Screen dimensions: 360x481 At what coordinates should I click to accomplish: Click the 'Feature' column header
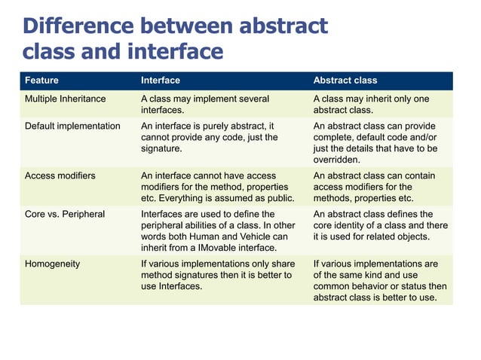[x=41, y=80]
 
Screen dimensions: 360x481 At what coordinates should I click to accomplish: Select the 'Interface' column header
[x=161, y=80]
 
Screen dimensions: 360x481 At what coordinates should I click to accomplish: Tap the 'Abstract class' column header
[x=345, y=80]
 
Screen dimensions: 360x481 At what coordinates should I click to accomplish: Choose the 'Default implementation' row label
[x=72, y=126]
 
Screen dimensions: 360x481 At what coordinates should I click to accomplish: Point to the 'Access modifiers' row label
[x=60, y=175]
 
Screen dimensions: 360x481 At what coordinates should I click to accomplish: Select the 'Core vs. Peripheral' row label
[x=65, y=214]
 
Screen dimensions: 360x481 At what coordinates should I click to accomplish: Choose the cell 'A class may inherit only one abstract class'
[x=370, y=104]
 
